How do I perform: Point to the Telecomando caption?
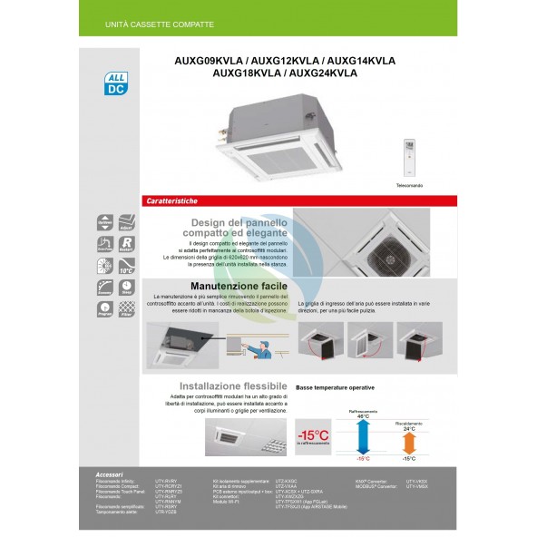tap(409, 184)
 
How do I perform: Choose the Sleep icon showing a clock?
tap(127, 288)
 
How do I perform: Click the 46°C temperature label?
tap(363, 415)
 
